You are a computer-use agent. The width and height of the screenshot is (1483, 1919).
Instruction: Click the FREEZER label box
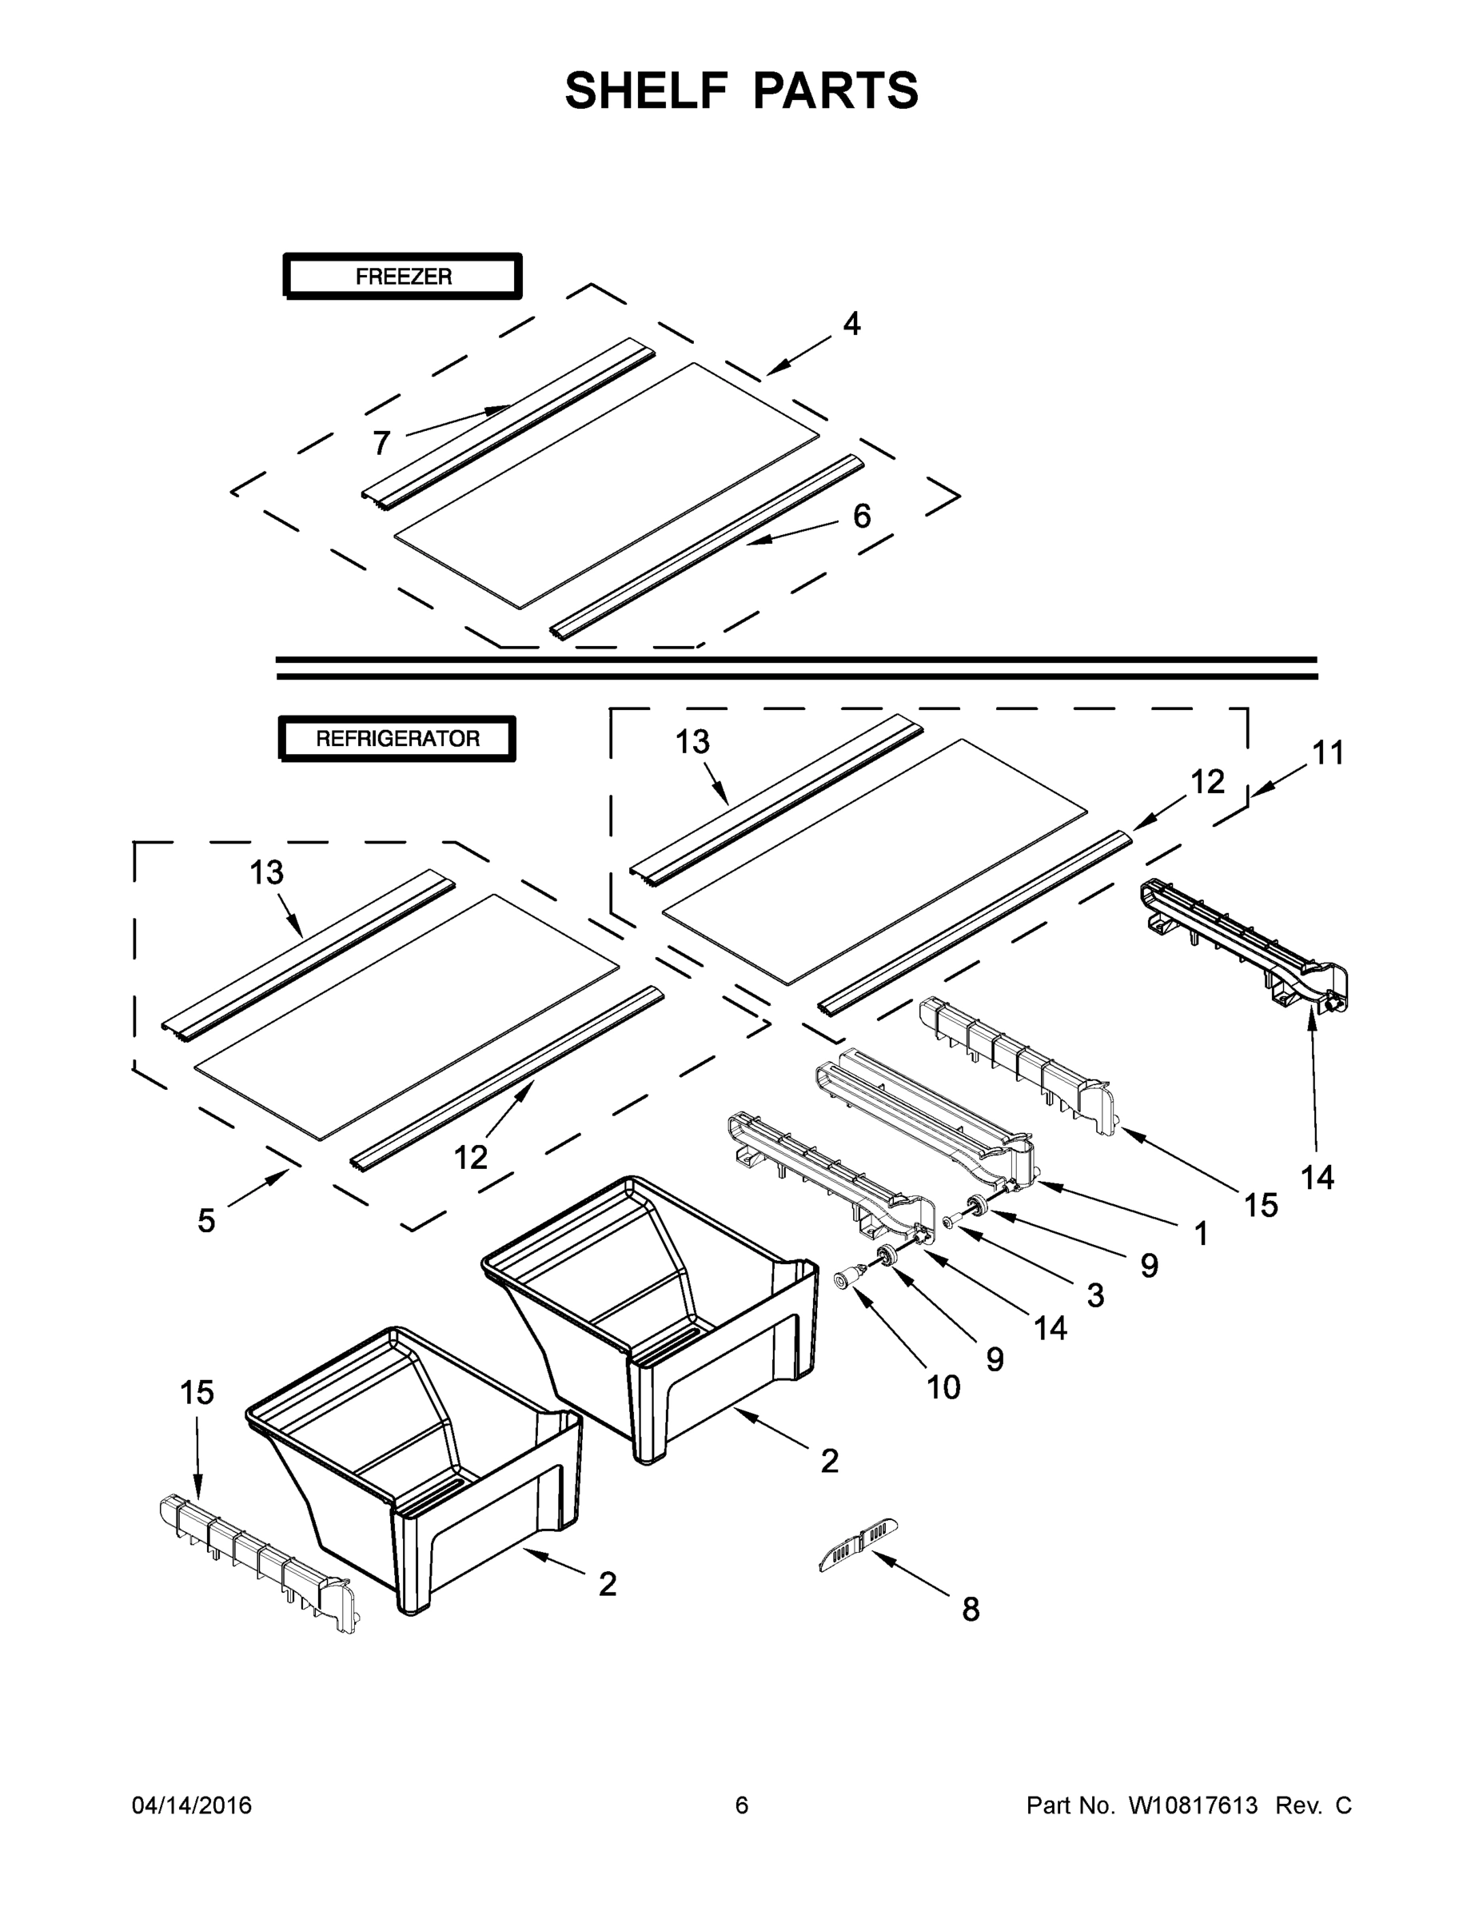[402, 277]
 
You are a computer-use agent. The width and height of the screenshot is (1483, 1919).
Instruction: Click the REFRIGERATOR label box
[397, 738]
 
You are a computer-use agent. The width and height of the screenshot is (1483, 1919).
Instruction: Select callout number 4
[851, 324]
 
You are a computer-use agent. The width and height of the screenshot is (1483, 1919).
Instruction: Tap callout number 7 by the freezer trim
[381, 443]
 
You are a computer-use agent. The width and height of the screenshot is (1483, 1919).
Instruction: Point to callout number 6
[862, 516]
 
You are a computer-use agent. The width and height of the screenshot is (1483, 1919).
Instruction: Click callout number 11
[1327, 753]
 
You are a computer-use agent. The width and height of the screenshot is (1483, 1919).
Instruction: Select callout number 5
[205, 1220]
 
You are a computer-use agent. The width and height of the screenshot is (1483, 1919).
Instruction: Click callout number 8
[970, 1610]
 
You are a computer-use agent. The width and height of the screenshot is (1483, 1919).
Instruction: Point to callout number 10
[943, 1387]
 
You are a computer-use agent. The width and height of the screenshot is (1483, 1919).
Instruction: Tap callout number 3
[1094, 1295]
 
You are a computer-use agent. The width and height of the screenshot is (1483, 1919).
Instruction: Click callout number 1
[1200, 1234]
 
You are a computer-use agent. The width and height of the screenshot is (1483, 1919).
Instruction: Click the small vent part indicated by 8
[859, 1554]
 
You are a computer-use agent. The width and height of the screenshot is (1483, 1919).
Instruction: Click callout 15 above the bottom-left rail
[197, 1393]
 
